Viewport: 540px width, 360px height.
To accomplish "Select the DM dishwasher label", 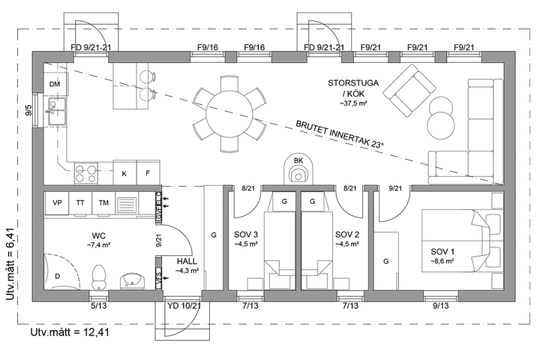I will pyautogui.click(x=54, y=84).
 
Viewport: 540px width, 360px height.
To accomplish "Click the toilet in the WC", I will pyautogui.click(x=98, y=275).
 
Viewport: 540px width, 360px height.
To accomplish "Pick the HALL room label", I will pyautogui.click(x=187, y=261).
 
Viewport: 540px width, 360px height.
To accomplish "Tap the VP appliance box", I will pyautogui.click(x=57, y=203).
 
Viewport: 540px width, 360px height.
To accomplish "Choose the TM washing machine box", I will pyautogui.click(x=103, y=203).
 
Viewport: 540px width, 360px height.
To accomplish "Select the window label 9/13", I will pyautogui.click(x=441, y=306).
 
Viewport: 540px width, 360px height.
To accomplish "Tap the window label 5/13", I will pyautogui.click(x=99, y=306).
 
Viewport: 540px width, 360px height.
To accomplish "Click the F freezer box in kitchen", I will pyautogui.click(x=148, y=173).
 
